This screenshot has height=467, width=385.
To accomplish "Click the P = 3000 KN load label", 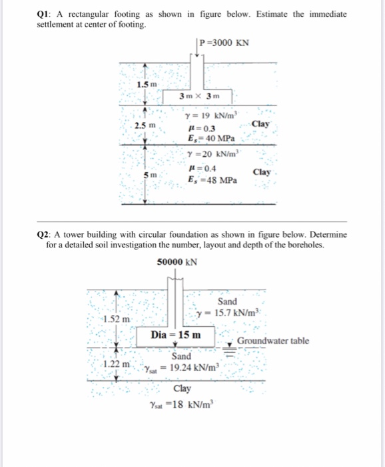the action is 224,43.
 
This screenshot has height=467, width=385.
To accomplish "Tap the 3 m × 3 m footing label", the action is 199,96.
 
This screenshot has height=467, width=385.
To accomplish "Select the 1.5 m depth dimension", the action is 147,85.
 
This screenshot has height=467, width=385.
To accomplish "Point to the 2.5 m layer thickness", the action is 145,125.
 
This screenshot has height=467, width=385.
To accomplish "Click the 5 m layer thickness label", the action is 150,175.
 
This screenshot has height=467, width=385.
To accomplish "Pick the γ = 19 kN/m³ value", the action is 212,115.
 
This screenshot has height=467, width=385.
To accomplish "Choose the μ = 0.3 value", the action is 202,129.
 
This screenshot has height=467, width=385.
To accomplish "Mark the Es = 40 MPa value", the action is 211,139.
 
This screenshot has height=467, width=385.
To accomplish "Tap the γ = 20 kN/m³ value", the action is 213,154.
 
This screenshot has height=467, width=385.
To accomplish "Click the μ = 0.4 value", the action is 202,169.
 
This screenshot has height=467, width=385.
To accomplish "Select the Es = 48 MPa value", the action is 212,180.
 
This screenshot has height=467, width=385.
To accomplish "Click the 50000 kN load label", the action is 177,262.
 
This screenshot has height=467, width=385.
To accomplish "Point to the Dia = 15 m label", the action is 176,335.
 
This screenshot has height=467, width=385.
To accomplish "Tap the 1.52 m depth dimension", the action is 117,319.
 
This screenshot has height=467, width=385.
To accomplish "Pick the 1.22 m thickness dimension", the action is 117,364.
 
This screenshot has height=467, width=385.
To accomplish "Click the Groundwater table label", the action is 273,341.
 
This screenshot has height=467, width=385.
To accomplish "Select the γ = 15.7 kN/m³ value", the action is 228,313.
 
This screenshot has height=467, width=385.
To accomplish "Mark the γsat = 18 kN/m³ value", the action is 182,405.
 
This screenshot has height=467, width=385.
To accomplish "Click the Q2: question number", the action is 43,235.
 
